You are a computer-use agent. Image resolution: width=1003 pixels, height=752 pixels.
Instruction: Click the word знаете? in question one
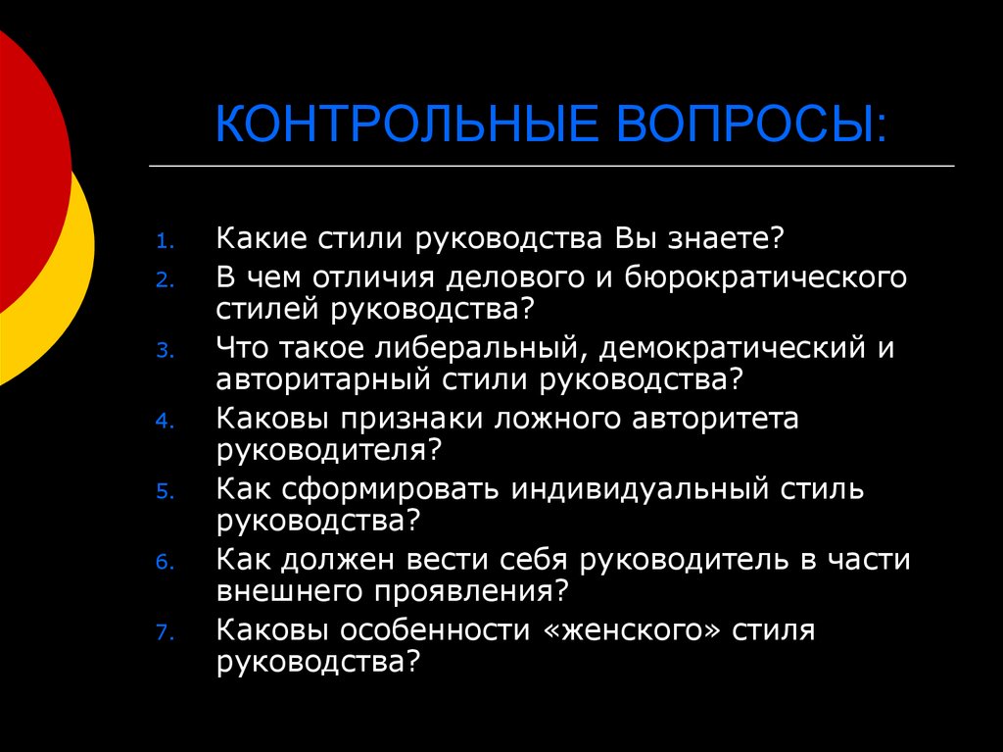tap(727, 239)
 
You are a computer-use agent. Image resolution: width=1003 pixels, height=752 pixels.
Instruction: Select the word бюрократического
tap(774, 277)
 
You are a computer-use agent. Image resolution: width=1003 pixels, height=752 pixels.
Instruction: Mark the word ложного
tap(551, 419)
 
